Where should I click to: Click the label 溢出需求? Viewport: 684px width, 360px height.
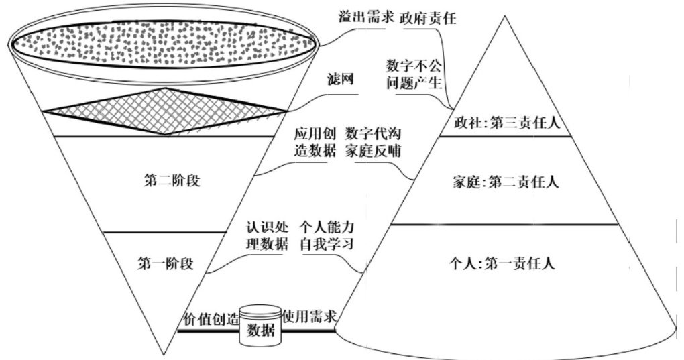coord(364,18)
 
